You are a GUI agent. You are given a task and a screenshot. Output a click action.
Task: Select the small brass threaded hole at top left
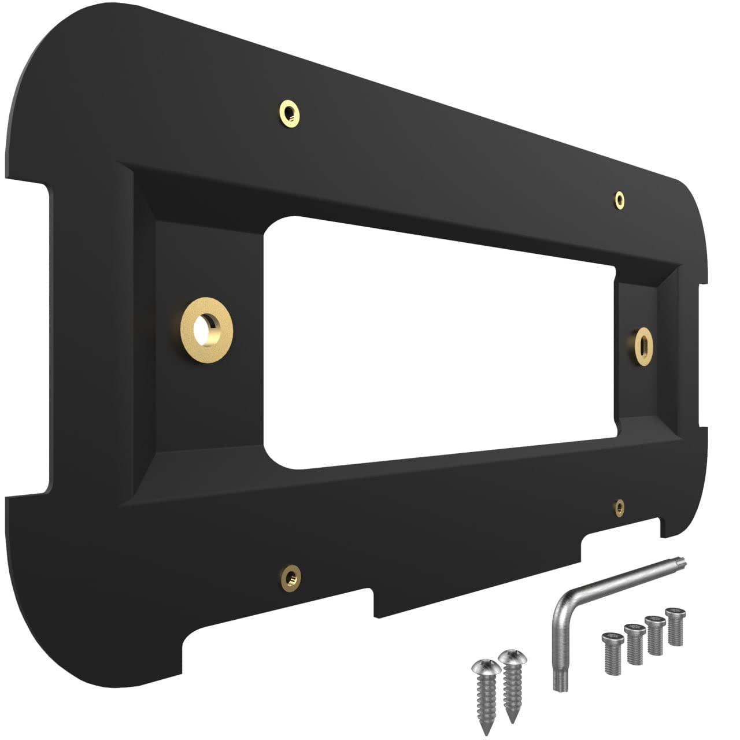289,113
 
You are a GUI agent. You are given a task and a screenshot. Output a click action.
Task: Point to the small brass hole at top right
620,199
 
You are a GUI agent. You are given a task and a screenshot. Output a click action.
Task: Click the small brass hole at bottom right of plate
619,507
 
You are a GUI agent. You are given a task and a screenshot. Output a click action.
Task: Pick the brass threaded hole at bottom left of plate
291,577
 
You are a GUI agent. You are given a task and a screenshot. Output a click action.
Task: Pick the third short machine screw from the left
655,635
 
